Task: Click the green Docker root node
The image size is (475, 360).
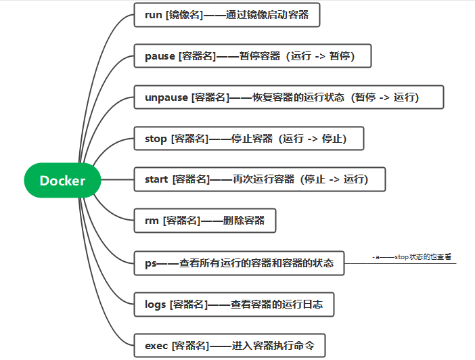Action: point(62,180)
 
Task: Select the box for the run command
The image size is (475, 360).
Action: point(227,14)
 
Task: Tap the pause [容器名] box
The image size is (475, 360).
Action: point(254,56)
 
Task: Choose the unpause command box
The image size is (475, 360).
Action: point(289,97)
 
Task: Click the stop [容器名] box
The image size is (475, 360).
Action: point(250,139)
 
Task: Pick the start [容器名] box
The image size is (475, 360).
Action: point(260,179)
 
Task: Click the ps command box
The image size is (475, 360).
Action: point(240,263)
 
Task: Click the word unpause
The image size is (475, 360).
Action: point(166,97)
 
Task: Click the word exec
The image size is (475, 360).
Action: point(156,346)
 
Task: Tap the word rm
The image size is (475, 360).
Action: point(152,221)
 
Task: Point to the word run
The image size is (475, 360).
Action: point(154,14)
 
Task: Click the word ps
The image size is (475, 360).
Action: point(150,263)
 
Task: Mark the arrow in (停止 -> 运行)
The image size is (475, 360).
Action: point(334,179)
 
